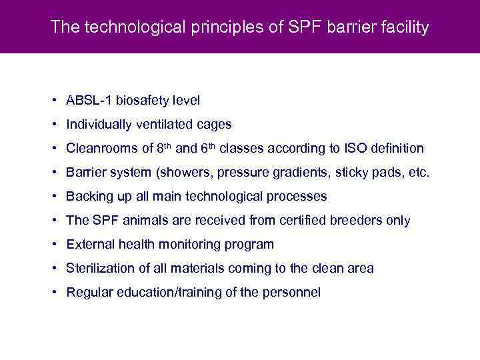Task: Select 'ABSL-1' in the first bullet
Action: pos(89,101)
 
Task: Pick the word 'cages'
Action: pos(215,125)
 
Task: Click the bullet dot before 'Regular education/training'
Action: pos(52,293)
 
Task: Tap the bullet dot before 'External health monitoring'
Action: pos(52,245)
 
